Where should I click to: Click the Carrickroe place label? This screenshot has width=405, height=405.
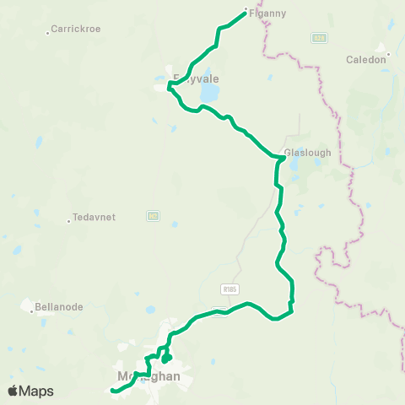[x=76, y=29]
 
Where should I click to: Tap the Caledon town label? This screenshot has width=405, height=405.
[x=366, y=60]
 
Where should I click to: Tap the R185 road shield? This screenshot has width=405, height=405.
[x=228, y=289]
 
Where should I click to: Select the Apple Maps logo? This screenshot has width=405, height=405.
[x=30, y=391]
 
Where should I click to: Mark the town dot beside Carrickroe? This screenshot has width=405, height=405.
[x=48, y=33]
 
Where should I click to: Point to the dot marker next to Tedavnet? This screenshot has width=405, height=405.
[x=69, y=221]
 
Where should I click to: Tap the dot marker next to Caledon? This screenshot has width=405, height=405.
[x=388, y=58]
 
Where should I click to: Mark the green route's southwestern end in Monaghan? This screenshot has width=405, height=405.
[x=112, y=390]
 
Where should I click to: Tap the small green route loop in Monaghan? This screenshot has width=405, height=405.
[x=166, y=358]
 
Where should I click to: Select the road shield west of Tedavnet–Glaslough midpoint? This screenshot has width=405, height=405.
[x=153, y=216]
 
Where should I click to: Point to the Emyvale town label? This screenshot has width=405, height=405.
[x=196, y=79]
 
